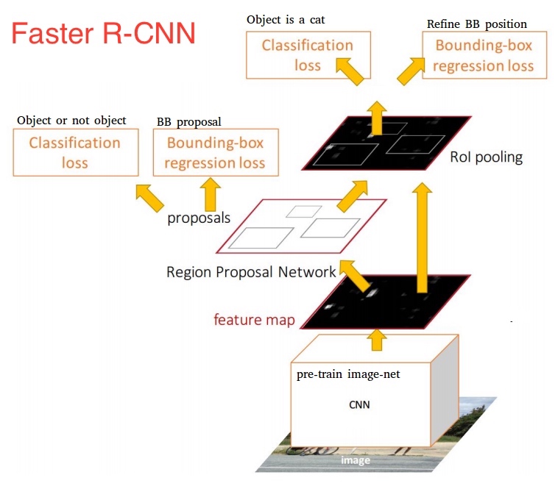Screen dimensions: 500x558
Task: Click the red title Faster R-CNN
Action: (x=102, y=34)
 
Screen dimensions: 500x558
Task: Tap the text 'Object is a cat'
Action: (x=285, y=20)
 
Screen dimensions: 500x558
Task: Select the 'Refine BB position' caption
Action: (x=476, y=24)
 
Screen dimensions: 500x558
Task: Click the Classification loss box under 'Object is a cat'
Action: (x=308, y=55)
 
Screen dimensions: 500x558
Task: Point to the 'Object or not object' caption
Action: (x=71, y=120)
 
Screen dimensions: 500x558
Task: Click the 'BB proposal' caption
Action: (x=189, y=121)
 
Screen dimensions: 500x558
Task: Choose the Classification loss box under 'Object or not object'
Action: (x=75, y=152)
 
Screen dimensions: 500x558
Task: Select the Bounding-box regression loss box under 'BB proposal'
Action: (x=215, y=152)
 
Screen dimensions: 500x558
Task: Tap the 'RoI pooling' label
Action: (x=486, y=157)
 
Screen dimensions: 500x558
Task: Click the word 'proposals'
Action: (x=199, y=218)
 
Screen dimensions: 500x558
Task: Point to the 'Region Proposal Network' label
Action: (x=251, y=272)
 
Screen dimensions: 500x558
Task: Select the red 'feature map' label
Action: (x=254, y=319)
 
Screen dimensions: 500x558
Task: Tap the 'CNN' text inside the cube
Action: (x=359, y=404)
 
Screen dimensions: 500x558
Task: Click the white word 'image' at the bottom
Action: (x=355, y=460)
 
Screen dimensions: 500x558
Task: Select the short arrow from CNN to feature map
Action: (x=377, y=338)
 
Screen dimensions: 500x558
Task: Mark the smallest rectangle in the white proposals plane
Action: (x=300, y=211)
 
